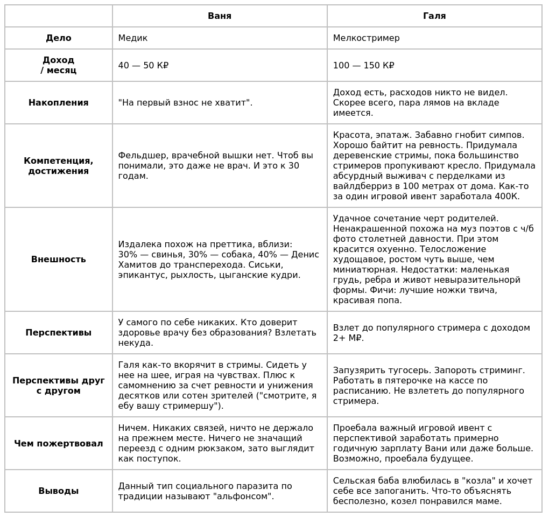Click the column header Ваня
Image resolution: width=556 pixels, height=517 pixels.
tap(220, 16)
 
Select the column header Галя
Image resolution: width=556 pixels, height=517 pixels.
tap(434, 16)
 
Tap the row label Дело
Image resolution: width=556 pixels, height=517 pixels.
tap(59, 38)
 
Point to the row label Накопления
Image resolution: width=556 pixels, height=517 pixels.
tap(59, 103)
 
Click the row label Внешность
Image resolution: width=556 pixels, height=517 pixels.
tap(59, 260)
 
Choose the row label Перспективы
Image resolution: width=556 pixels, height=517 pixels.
tap(59, 333)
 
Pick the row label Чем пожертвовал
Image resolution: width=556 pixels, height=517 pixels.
tap(59, 444)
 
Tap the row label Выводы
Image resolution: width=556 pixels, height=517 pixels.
tap(59, 491)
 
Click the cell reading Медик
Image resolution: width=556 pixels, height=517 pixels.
tap(133, 38)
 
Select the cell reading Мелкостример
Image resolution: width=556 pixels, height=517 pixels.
tap(366, 38)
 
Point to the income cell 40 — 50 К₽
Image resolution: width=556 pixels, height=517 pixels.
tap(143, 66)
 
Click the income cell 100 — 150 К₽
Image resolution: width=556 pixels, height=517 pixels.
tap(363, 66)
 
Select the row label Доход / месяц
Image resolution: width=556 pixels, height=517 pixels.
tap(59, 65)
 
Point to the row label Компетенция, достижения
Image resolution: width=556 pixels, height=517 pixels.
tap(59, 166)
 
